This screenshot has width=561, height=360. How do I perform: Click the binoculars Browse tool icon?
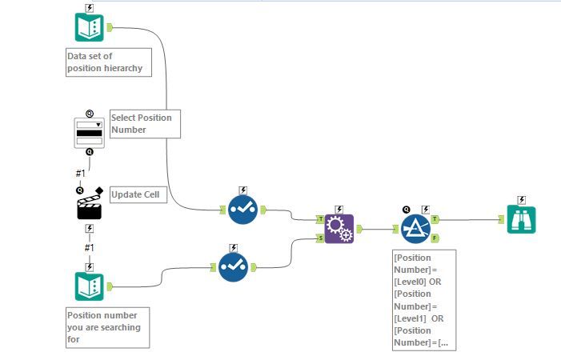[x=521, y=219]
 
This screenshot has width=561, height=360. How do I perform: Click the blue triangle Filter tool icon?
[x=415, y=228]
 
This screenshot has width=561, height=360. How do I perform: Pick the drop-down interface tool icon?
[x=89, y=132]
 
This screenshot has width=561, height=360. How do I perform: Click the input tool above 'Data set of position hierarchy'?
[x=89, y=27]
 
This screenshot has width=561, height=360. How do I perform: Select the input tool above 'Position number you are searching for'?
[x=89, y=286]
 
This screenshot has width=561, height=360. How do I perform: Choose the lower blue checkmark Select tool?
[x=233, y=266]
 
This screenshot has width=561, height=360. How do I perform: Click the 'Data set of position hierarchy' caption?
[x=106, y=62]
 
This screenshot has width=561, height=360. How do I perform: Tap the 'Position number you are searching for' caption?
[x=106, y=327]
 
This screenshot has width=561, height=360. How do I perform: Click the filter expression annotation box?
[x=423, y=300]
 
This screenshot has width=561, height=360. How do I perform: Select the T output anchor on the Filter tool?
[x=435, y=218]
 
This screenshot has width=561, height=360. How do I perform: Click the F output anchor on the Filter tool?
[x=435, y=238]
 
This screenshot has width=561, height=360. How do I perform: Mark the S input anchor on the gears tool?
[x=320, y=238]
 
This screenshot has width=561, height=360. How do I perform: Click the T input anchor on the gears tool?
[x=320, y=218]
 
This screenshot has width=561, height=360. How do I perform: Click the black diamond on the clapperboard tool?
[x=99, y=190]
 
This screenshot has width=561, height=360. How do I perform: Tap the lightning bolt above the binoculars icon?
[x=521, y=200]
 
